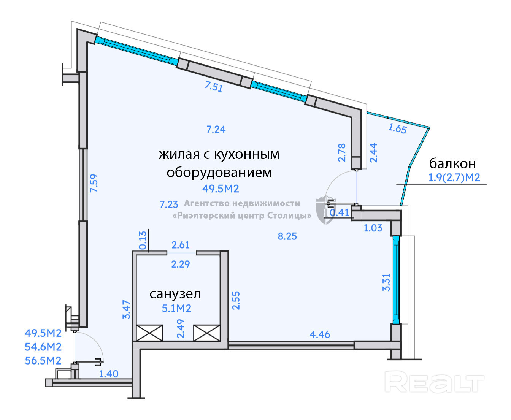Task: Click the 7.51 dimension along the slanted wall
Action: point(214,87)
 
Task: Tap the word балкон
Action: point(452,163)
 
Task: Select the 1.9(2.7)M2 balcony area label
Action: point(454,178)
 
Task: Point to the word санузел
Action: point(175,294)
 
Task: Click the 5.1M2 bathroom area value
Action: point(176,308)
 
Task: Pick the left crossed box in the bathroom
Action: point(149,333)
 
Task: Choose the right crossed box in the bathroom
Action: point(207,333)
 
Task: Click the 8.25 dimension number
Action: point(287,236)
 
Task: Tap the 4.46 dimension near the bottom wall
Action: point(320,334)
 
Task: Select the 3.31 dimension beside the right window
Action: point(386,282)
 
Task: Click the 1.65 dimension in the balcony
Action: point(397,128)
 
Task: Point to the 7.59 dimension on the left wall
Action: point(94,183)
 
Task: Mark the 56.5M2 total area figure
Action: point(43,361)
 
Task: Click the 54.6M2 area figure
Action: point(43,347)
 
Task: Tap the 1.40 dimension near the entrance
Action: point(109,374)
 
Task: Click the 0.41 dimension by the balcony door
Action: point(340,213)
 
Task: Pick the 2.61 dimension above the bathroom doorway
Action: point(181,245)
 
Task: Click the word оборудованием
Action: point(219,173)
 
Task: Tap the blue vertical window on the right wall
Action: point(396,280)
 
